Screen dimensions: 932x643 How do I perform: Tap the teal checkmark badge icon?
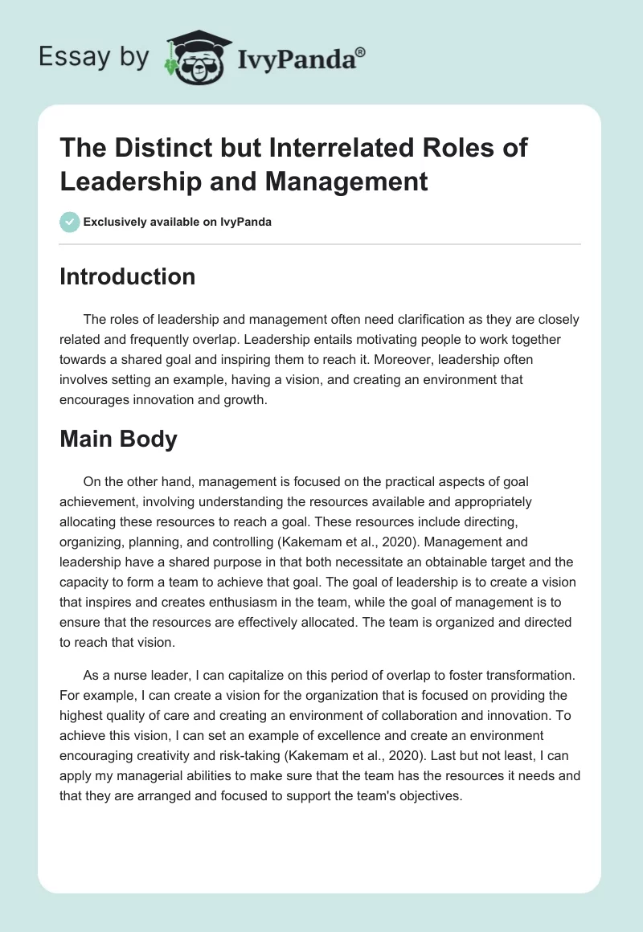point(70,222)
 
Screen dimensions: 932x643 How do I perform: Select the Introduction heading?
point(128,276)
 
